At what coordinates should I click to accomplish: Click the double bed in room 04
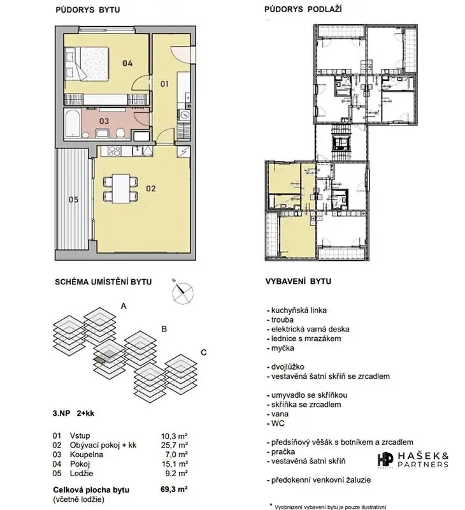pyautogui.click(x=87, y=63)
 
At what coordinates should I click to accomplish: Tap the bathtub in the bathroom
pyautogui.click(x=72, y=124)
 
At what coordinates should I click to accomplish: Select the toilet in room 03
pyautogui.click(x=120, y=133)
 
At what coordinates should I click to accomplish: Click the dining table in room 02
pyautogui.click(x=120, y=189)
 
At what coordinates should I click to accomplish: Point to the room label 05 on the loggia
pyautogui.click(x=73, y=200)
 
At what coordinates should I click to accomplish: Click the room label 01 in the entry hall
pyautogui.click(x=164, y=84)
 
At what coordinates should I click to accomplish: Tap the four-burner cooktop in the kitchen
pyautogui.click(x=114, y=151)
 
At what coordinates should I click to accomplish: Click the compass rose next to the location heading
pyautogui.click(x=183, y=292)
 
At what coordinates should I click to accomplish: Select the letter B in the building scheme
pyautogui.click(x=164, y=329)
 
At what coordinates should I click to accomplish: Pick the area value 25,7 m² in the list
pyautogui.click(x=174, y=445)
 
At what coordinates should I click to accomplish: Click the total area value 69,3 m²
pyautogui.click(x=174, y=489)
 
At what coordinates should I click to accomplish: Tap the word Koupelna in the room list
pyautogui.click(x=87, y=455)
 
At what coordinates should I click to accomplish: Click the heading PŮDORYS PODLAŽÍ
pyautogui.click(x=303, y=9)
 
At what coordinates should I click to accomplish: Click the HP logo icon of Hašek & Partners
pyautogui.click(x=385, y=460)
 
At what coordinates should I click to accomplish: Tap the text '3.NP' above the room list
pyautogui.click(x=61, y=413)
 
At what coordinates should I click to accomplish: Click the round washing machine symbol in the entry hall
pyautogui.click(x=185, y=115)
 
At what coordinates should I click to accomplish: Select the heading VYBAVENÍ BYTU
pyautogui.click(x=298, y=281)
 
